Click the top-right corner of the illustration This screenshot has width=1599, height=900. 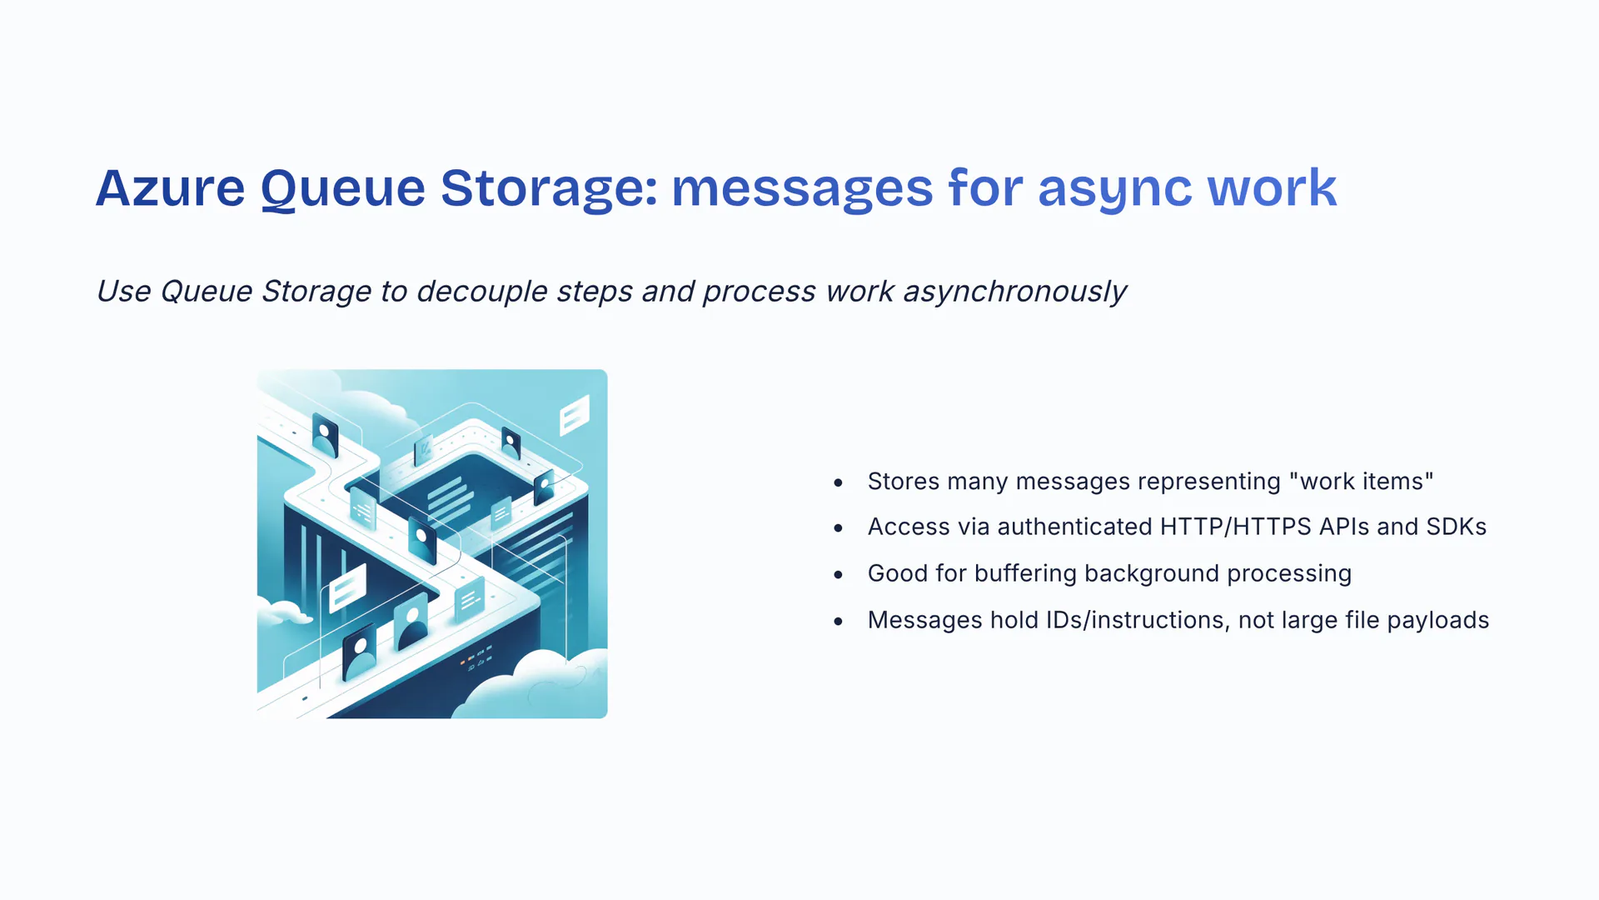tap(607, 370)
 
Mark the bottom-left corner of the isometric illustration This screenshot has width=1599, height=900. tap(257, 717)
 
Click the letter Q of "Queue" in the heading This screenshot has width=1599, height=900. tap(278, 189)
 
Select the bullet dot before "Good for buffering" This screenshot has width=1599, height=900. tap(838, 574)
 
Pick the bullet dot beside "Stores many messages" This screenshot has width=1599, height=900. tap(838, 482)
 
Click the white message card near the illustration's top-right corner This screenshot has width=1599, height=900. tap(575, 414)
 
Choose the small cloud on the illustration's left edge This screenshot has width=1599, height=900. tap(281, 613)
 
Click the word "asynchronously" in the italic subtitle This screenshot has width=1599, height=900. tap(1014, 292)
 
